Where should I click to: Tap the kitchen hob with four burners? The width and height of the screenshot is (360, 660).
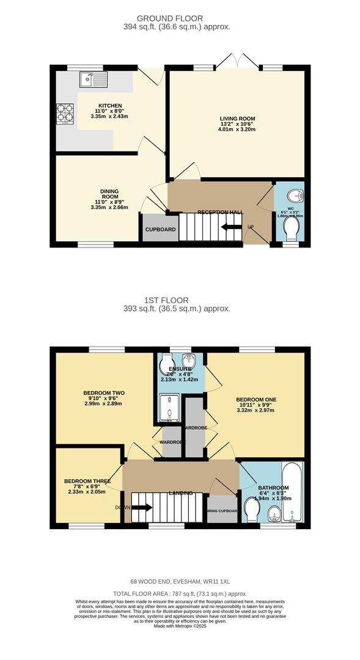point(65,114)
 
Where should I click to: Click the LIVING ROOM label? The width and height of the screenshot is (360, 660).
point(238,119)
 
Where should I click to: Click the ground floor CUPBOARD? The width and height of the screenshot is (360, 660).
point(160,229)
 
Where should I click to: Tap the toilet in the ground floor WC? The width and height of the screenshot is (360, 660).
point(292,229)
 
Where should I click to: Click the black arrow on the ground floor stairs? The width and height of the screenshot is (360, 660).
point(231,227)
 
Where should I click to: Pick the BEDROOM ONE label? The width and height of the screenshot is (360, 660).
point(256,400)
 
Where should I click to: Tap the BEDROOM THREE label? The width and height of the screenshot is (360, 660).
point(87,481)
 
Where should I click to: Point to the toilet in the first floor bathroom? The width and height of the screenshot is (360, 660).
point(251,508)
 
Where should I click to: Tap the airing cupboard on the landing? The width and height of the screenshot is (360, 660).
point(221,510)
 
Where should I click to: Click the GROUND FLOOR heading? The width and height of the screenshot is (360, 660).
point(178,19)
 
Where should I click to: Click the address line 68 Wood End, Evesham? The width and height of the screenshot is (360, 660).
point(179,581)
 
